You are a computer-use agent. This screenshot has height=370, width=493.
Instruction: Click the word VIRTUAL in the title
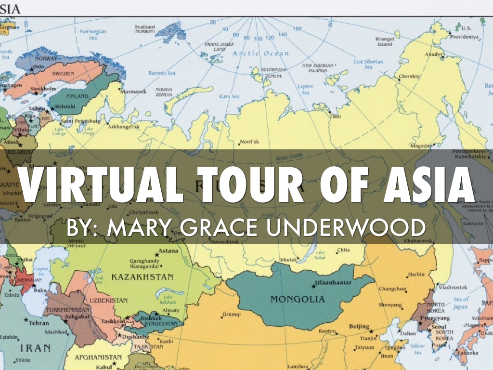(97, 185)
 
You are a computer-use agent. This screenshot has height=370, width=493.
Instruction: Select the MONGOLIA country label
(298, 299)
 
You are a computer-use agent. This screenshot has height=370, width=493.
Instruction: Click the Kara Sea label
(229, 97)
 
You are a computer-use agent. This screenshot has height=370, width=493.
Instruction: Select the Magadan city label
(421, 145)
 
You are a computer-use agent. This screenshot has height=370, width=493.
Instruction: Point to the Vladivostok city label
(453, 288)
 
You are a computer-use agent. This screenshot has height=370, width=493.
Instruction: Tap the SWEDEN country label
(64, 74)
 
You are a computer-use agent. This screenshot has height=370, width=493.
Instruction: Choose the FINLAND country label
(77, 96)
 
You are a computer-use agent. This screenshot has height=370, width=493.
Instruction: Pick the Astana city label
(169, 251)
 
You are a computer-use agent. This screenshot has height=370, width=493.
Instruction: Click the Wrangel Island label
(385, 41)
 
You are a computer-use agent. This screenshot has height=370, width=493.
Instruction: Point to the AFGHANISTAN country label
(98, 357)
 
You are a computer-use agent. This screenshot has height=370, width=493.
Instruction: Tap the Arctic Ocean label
(260, 53)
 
